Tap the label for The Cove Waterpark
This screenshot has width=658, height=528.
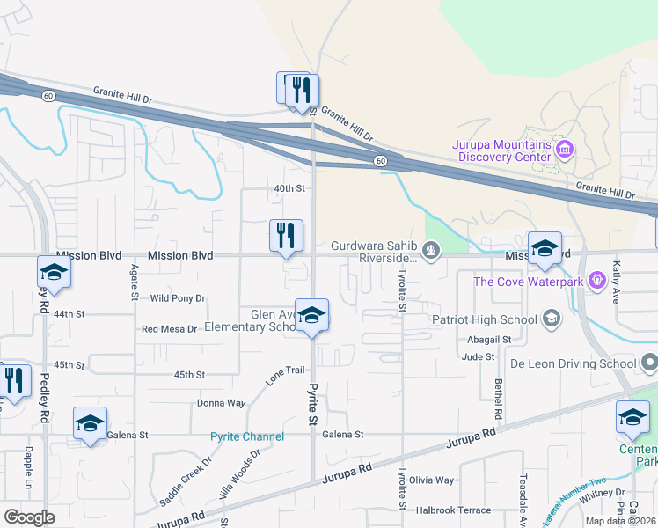tap(528, 282)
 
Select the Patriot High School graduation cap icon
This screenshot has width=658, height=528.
tap(552, 319)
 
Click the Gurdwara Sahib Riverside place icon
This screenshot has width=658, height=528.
tap(431, 251)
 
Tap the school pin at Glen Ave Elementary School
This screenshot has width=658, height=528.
tap(311, 317)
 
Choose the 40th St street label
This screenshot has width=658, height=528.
tap(289, 188)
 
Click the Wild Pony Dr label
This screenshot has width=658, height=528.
tap(178, 298)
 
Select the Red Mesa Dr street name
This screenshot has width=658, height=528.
tap(169, 328)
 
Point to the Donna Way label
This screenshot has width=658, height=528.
tap(222, 403)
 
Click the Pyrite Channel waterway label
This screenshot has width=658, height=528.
tap(247, 436)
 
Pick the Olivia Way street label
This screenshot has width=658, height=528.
tap(431, 480)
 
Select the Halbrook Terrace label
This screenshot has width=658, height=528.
tap(453, 510)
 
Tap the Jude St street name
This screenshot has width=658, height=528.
tap(479, 356)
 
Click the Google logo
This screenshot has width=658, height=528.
tap(29, 517)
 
